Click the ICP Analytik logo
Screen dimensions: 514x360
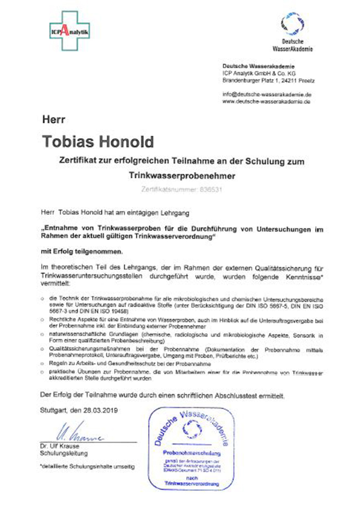pos(70,31)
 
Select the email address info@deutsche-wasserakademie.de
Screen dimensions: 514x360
pos(266,95)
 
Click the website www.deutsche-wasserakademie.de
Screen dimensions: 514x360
pos(266,102)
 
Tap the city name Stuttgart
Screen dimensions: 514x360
pos(55,410)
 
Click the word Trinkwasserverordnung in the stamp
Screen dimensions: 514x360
pos(191,484)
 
